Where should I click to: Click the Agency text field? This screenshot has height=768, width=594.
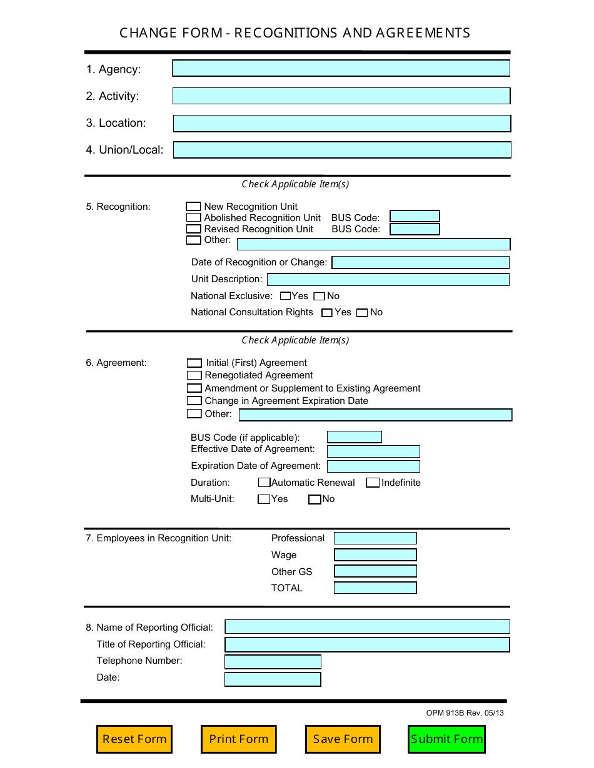pos(341,69)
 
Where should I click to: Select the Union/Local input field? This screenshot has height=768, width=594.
pos(341,150)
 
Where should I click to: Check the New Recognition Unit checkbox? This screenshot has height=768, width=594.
pos(194,207)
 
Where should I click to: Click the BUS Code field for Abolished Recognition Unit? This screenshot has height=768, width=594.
pos(415,217)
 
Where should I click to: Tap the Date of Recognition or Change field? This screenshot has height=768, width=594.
pos(420,263)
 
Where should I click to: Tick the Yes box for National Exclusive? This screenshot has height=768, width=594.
pos(285,297)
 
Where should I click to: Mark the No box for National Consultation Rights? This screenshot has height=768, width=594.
pos(362,313)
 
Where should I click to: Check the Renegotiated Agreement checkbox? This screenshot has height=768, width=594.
pos(194,375)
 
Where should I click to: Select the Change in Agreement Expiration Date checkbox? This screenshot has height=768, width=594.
pos(194,401)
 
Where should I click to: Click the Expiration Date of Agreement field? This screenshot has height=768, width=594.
pos(373,466)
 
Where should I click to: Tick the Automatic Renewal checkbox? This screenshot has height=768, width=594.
pos(264,483)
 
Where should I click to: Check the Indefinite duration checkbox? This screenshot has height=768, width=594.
pos(373,483)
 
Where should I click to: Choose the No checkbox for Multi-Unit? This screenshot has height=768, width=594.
pos(315,500)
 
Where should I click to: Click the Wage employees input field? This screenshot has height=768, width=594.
pos(375,555)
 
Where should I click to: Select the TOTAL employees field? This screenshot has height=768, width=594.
pos(375,588)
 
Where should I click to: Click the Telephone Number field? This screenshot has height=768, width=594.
pos(273,662)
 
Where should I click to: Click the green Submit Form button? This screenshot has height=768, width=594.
pos(446,739)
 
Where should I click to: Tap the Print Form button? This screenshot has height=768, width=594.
pos(238,739)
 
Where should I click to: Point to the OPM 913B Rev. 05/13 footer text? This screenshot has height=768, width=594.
pos(465,713)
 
